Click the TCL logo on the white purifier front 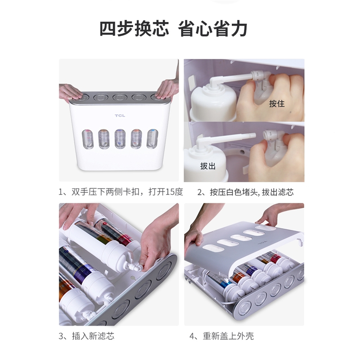(120, 116)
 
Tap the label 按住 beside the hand (277, 103)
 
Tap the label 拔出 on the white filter (208, 166)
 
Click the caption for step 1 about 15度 (121, 192)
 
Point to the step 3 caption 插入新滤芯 (93, 336)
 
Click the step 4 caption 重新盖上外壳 (228, 336)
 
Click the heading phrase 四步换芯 (134, 29)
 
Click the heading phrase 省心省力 (212, 29)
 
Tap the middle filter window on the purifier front (120, 139)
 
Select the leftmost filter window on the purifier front (87, 139)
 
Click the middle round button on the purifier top (120, 97)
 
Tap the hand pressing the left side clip (70, 92)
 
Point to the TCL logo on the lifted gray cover (262, 242)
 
